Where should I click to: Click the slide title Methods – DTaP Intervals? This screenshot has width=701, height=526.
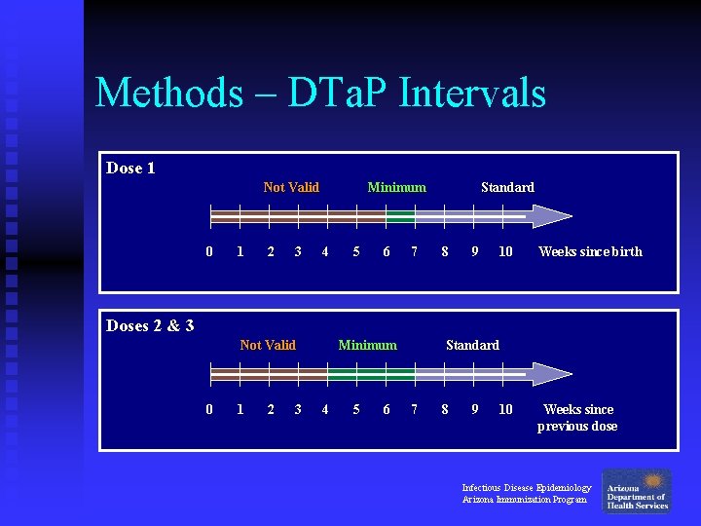pos(320,94)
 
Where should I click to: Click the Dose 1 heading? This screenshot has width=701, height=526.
pos(130,169)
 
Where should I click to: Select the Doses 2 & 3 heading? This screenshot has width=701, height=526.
pos(150,325)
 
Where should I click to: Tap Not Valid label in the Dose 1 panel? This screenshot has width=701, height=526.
pos(291,187)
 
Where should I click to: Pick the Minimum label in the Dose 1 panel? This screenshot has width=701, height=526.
pos(396,187)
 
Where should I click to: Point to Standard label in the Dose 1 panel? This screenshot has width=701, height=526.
pos(507,187)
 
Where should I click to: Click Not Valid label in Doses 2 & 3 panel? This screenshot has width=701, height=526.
pos(268,345)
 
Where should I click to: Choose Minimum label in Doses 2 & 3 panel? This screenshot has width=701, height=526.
pos(367,345)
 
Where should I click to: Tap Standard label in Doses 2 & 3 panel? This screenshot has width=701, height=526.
pos(472,345)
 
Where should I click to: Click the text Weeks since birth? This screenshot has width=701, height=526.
pos(590,251)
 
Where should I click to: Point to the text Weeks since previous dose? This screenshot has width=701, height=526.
pos(577,418)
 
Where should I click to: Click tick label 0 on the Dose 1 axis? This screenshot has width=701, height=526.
pos(209,251)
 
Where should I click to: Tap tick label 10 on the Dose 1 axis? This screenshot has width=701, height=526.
pos(505,251)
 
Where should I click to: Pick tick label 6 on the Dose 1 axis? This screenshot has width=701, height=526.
pos(387,251)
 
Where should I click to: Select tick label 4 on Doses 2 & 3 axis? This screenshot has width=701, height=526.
pos(325,409)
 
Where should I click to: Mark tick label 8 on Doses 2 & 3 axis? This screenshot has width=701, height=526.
pos(445,409)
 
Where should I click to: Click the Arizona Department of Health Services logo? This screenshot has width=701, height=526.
pos(636,491)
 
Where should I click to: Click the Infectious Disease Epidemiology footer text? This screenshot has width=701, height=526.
pos(526,487)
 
